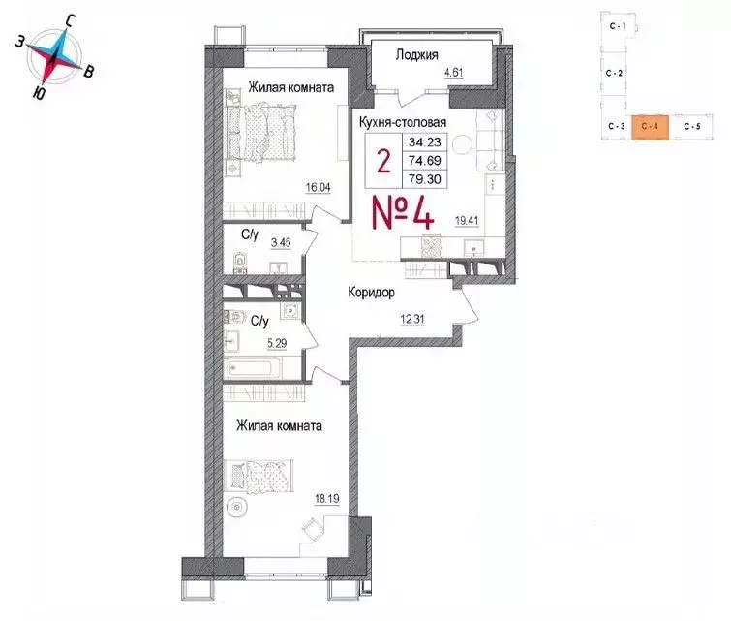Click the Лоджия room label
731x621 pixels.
pyautogui.click(x=418, y=55)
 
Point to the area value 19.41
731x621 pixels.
pyautogui.click(x=468, y=220)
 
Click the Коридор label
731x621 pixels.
pyautogui.click(x=373, y=291)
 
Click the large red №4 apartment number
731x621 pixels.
pyautogui.click(x=403, y=210)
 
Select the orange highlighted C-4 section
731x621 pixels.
pyautogui.click(x=650, y=127)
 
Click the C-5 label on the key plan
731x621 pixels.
pyautogui.click(x=691, y=127)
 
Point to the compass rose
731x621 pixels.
pyautogui.click(x=59, y=55)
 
